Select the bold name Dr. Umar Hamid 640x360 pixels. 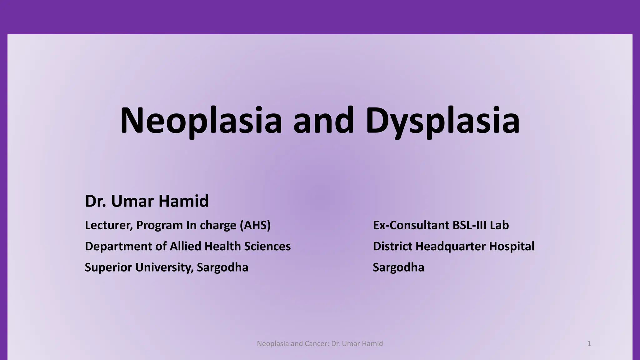tap(147, 201)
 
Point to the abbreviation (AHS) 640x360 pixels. tap(255, 225)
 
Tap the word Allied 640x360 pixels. tap(185, 247)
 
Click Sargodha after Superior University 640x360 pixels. tap(222, 267)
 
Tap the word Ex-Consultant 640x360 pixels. tap(411, 225)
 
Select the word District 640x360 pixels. tap(392, 247)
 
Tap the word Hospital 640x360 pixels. tap(512, 247)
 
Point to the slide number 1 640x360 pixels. tap(589, 344)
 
